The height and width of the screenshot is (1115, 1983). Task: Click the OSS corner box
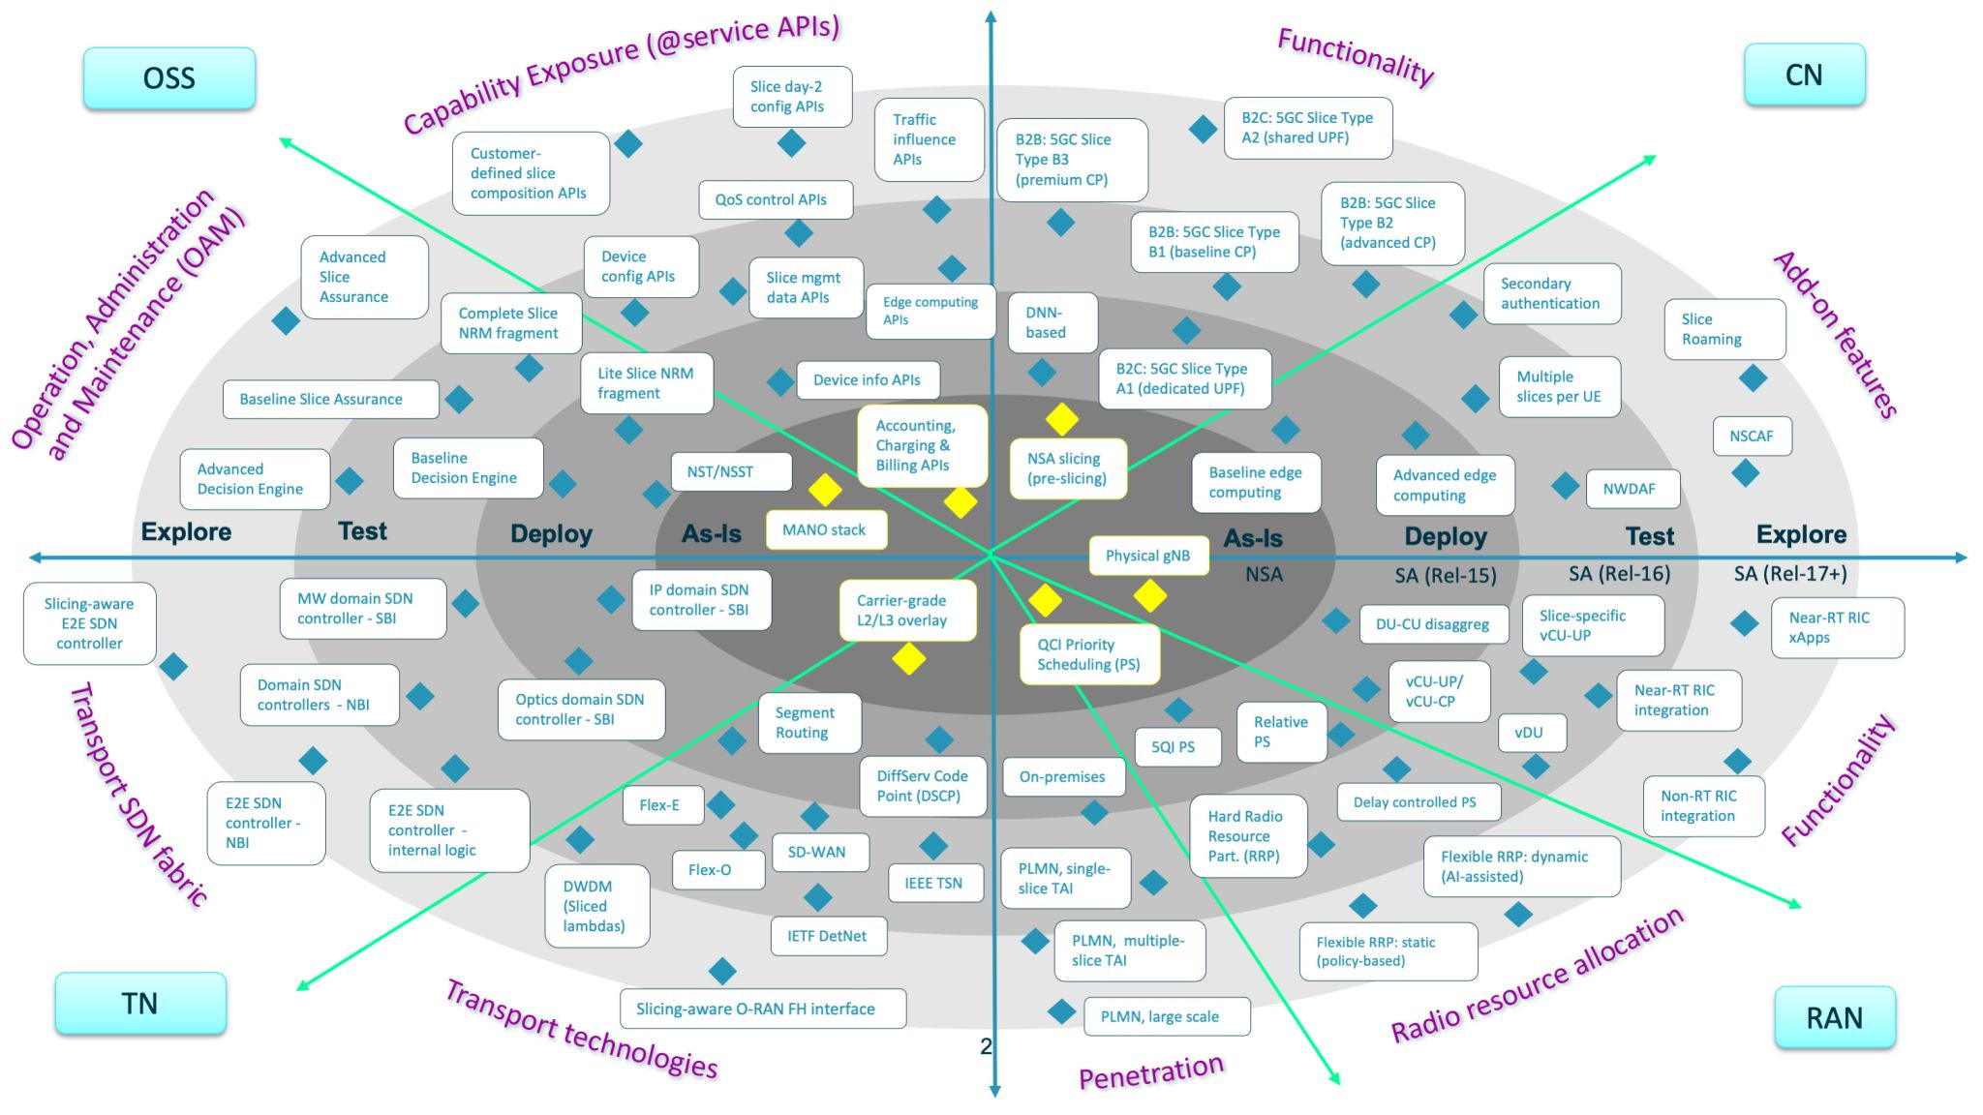point(169,77)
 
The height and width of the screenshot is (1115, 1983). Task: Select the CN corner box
point(1804,75)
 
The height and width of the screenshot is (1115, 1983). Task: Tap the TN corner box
point(140,1003)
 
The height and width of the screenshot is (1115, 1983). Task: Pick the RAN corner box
point(1834,1017)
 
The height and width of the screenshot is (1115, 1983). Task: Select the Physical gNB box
point(1148,556)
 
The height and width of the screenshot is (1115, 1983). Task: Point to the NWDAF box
point(1632,489)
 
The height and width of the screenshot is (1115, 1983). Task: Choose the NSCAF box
point(1753,437)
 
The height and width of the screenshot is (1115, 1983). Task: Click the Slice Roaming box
point(1724,329)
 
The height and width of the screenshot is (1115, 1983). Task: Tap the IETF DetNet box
point(829,936)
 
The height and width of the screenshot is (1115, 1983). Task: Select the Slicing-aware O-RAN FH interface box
point(763,1009)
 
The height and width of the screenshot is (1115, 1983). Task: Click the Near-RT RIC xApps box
point(1837,628)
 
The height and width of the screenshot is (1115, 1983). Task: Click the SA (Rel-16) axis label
point(1619,574)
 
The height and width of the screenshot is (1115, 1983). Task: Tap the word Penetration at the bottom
point(1151,1072)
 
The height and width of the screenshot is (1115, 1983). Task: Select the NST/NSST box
point(731,471)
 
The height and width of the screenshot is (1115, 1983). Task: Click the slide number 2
point(986,1046)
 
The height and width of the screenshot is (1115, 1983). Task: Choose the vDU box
point(1531,733)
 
